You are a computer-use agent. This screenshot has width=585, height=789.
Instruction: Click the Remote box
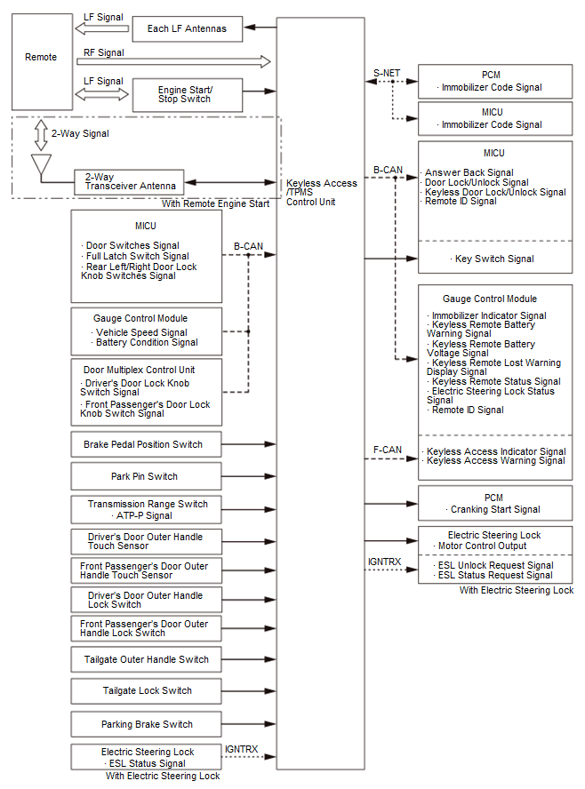click(x=41, y=58)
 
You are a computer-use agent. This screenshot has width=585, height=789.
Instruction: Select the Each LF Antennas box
click(x=186, y=28)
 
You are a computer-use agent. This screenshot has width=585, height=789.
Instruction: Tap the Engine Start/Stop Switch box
click(x=186, y=93)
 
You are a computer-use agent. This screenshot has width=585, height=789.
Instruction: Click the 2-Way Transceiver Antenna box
click(x=129, y=181)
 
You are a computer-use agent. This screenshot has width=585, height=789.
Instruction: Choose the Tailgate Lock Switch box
click(x=147, y=690)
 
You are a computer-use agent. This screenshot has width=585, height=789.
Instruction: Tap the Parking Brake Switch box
click(x=147, y=724)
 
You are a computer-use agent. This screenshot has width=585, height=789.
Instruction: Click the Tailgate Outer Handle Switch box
click(x=147, y=659)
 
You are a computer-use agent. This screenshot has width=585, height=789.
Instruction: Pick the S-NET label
click(x=386, y=73)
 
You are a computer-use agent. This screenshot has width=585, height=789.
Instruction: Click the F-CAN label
click(x=387, y=450)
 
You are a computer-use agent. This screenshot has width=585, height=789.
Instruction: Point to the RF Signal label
click(x=103, y=52)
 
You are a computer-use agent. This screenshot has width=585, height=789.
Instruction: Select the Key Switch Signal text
click(x=494, y=259)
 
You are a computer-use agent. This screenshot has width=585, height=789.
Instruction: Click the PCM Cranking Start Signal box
click(x=494, y=504)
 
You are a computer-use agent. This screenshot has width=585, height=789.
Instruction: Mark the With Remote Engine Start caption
click(x=215, y=204)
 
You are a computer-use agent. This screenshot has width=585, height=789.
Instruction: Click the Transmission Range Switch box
click(x=147, y=509)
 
